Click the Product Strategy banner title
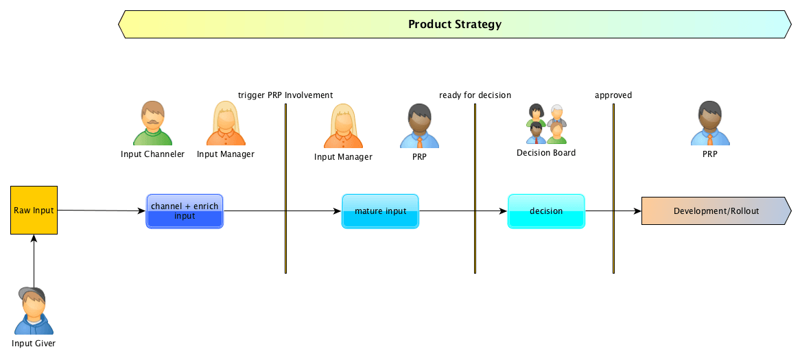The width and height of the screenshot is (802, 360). tap(455, 24)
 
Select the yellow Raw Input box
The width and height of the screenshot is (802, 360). tap(34, 210)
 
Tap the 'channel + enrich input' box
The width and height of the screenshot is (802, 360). tap(185, 211)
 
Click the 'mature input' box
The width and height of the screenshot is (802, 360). tap(380, 211)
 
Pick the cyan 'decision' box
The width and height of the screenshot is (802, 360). tap(546, 211)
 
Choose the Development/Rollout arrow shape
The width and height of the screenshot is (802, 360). tap(716, 211)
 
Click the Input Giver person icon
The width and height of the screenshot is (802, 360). tap(34, 311)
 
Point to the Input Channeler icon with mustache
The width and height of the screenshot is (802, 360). tap(152, 123)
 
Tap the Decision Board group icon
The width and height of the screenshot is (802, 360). tap(546, 124)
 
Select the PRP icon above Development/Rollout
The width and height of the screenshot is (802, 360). tap(710, 123)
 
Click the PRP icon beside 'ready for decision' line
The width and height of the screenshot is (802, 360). tap(419, 126)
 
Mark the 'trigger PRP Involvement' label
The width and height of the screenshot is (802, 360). tap(285, 95)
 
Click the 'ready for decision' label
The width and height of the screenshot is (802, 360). tap(475, 95)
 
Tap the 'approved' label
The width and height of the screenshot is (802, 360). tap(613, 95)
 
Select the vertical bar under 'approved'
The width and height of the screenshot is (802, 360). tap(613, 189)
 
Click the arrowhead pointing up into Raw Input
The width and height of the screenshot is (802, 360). tap(34, 239)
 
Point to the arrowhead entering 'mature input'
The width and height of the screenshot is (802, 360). tap(338, 211)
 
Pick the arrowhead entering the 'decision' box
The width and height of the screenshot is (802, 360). tap(504, 211)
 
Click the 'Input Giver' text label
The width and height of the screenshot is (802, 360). tap(34, 344)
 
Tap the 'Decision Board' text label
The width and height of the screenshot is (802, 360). tap(546, 153)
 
